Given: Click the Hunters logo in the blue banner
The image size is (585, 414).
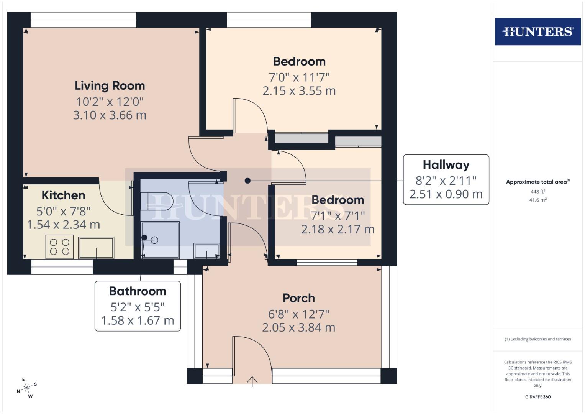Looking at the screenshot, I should click(537, 31).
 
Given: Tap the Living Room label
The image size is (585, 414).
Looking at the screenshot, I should click(110, 85).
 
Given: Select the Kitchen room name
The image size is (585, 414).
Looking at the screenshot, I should click(63, 195).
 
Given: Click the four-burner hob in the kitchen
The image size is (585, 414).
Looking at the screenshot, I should click(60, 247).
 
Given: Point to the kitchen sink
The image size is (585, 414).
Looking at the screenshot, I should click(96, 247).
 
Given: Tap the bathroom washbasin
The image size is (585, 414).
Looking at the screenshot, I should click(206, 251).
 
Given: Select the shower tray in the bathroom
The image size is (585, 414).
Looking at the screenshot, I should click(160, 240).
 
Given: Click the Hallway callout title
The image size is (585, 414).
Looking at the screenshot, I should click(446, 165).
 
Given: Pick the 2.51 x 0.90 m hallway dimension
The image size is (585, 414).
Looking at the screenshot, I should click(446, 194).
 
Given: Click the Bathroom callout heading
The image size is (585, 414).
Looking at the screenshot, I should click(138, 291).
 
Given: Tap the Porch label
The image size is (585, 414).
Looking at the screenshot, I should click(298, 298).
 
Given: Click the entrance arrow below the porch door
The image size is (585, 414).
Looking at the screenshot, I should click(252, 382).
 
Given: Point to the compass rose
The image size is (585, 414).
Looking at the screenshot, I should click(27, 388).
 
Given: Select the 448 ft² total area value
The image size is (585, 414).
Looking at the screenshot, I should click(537, 192).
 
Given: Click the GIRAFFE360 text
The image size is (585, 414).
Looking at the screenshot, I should click(537, 397).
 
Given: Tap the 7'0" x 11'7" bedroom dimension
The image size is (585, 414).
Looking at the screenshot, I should click(299, 77).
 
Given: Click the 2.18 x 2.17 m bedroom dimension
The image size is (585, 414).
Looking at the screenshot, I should click(338, 230).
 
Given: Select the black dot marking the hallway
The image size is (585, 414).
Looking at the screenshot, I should click(248, 181).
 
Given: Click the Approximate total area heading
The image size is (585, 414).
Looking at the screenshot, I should click(537, 182).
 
